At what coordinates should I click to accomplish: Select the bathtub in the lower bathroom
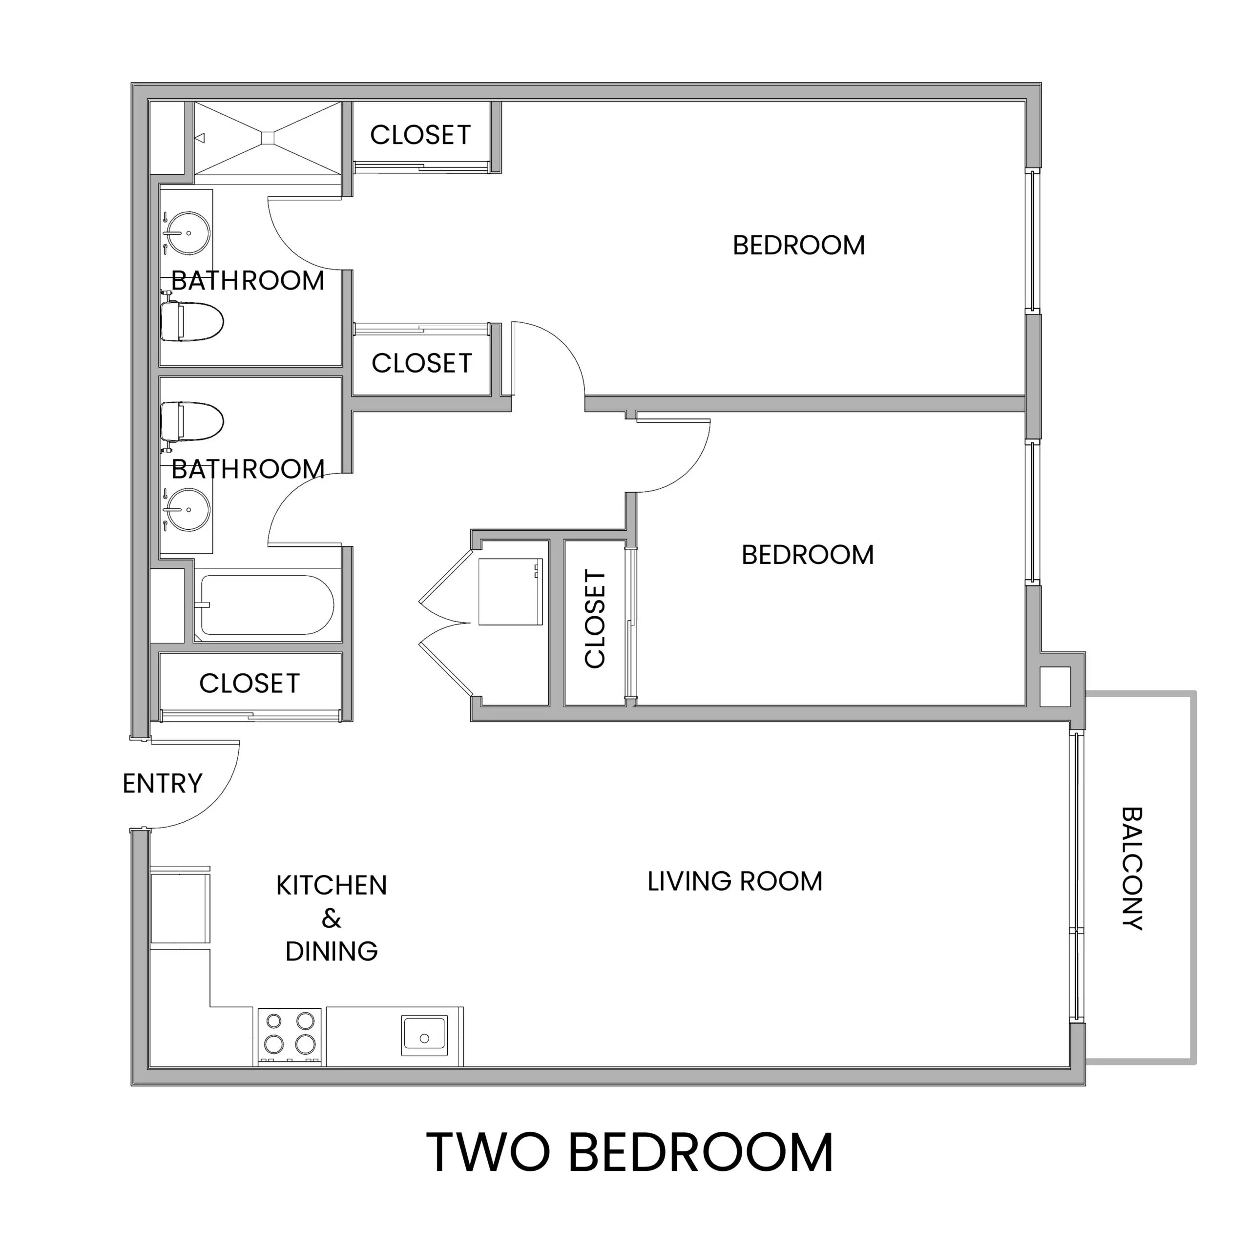(267, 605)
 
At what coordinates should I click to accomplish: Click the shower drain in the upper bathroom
(269, 138)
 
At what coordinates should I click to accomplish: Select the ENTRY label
(163, 784)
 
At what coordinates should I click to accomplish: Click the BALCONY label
(1132, 868)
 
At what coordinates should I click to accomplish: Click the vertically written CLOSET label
(595, 619)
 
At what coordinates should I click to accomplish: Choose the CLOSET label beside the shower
(420, 135)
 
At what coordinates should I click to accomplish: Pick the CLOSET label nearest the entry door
(249, 683)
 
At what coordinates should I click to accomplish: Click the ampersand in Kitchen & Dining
(331, 918)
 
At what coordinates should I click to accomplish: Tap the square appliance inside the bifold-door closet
(510, 592)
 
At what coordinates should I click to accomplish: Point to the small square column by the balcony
(1055, 687)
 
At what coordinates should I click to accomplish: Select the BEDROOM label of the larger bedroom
(798, 245)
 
